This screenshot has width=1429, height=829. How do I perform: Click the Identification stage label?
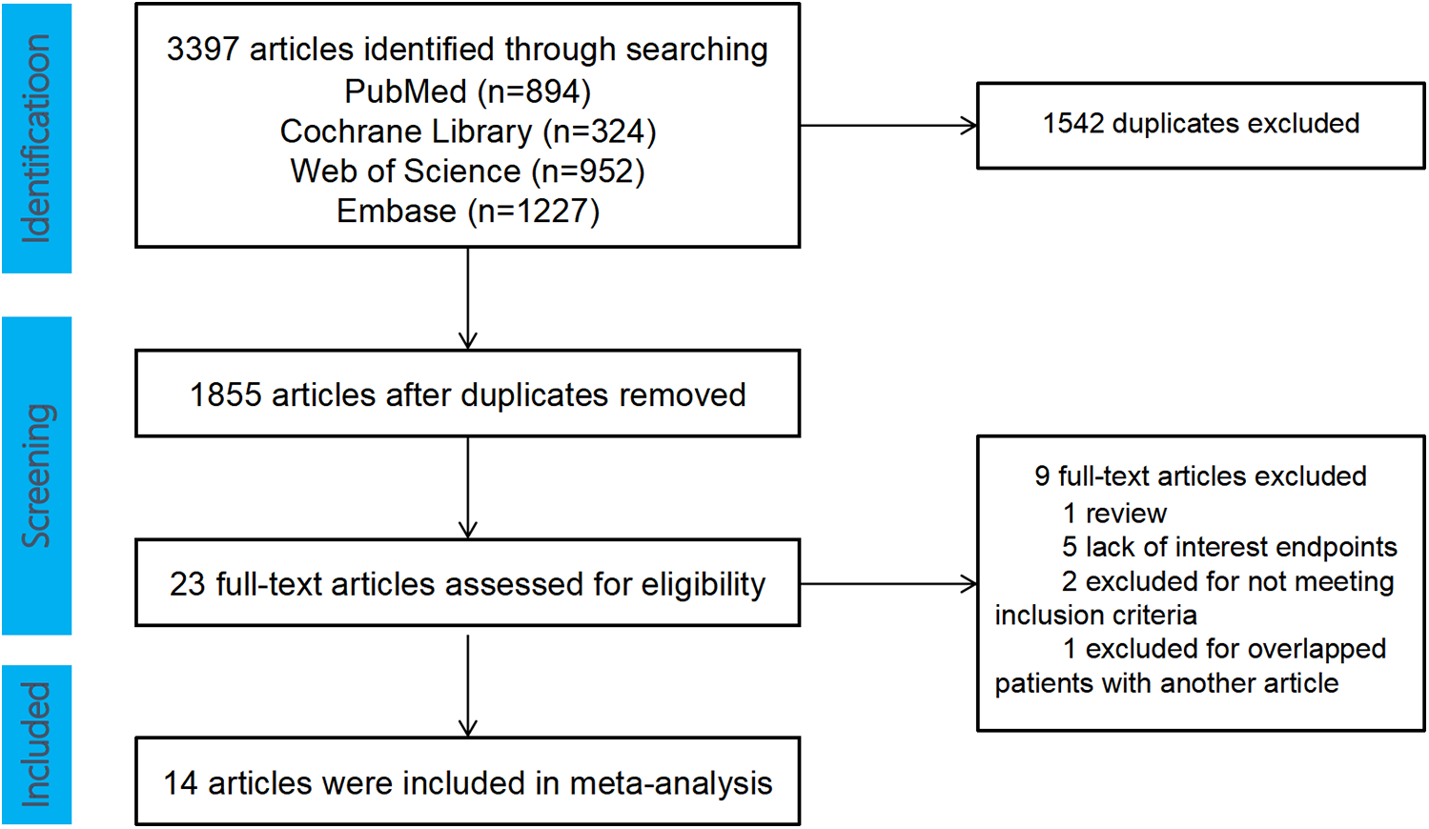click(36, 138)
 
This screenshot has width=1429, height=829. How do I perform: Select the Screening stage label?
click(36, 475)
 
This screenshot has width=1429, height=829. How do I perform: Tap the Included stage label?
click(36, 744)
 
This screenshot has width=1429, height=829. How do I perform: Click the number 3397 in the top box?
click(202, 50)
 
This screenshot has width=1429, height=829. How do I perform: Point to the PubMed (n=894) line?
click(467, 91)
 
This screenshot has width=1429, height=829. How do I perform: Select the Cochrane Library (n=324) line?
click(467, 131)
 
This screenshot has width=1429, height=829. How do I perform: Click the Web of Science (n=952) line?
click(467, 172)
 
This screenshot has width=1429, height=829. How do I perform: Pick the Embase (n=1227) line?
click(467, 212)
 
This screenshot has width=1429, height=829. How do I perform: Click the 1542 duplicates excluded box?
click(1200, 125)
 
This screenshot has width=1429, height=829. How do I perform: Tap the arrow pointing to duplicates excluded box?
click(888, 125)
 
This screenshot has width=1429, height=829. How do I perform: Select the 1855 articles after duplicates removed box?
click(467, 394)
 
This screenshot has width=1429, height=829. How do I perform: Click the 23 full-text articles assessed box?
click(467, 583)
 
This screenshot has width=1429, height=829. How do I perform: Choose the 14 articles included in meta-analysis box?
click(467, 781)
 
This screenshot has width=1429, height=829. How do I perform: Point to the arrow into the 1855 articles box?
click(467, 298)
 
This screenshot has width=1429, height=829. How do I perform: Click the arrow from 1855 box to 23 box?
click(467, 488)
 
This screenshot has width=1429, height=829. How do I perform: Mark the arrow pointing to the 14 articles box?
click(467, 684)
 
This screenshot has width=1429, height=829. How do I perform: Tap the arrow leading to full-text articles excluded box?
click(888, 583)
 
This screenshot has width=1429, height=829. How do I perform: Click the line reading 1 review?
click(1113, 513)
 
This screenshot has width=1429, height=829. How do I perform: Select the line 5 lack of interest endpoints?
click(1229, 547)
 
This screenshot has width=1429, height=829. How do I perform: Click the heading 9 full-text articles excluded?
click(1200, 475)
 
